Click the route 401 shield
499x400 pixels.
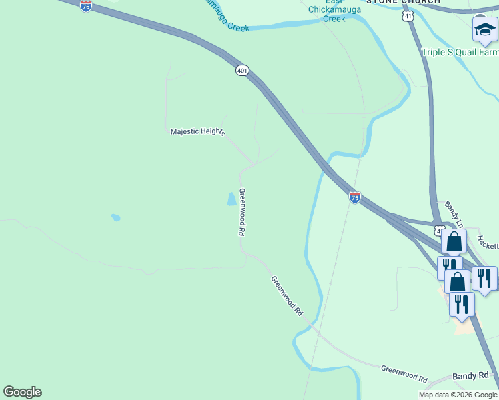point(242,70)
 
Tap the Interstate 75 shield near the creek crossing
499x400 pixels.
point(355,197)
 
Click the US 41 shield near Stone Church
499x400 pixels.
point(408,15)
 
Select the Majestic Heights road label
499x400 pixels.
point(197,132)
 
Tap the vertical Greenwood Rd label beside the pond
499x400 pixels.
point(242,212)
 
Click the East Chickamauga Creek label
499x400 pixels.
point(334,14)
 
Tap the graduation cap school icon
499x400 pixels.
point(484,30)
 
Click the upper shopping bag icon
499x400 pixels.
point(454,241)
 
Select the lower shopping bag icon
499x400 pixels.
point(457,281)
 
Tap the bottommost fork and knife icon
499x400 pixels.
point(461,303)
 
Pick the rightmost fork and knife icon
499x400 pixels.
point(484,277)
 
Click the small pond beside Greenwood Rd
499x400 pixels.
point(231,199)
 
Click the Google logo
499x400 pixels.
point(22,392)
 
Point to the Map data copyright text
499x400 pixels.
point(458,395)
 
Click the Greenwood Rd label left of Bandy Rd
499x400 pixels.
point(404,373)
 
